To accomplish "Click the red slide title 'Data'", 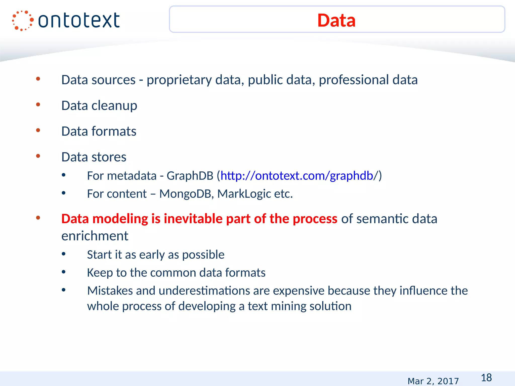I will point(336,20).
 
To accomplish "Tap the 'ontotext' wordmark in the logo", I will point(79,21).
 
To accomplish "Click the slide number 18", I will point(486,377).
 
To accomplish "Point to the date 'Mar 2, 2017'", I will point(433,381).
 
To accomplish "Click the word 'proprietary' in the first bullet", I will point(179,80).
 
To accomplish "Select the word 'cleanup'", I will point(114,106).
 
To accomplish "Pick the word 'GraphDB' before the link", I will point(190,176).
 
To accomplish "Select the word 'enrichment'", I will point(95,236).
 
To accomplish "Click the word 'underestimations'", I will point(204,291).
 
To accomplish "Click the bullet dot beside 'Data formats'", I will point(38,130).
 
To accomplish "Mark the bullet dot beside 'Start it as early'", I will point(64,254).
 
